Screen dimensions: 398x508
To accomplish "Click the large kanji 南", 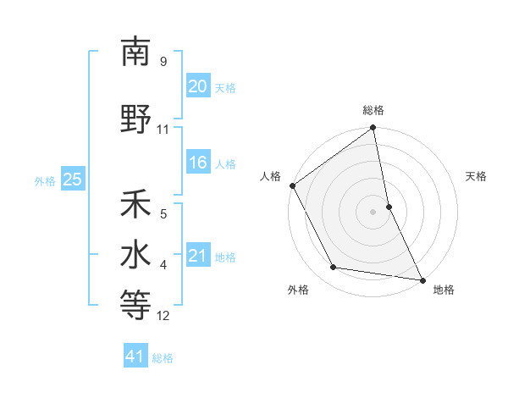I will [x=135, y=53].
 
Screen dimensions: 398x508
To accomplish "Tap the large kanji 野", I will [x=135, y=119].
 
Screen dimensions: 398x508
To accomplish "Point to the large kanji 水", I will [x=135, y=255].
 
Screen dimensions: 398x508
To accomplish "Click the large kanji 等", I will [x=135, y=306].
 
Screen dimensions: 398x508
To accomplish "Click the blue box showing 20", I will [x=198, y=86].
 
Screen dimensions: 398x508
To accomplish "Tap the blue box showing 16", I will [x=198, y=163].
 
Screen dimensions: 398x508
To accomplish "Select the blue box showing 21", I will [x=198, y=256].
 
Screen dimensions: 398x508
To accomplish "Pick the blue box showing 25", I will [x=72, y=180].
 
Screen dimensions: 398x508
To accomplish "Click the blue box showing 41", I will [x=135, y=357].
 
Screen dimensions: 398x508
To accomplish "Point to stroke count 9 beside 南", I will [x=163, y=61].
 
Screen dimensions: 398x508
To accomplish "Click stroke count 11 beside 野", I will [x=163, y=130].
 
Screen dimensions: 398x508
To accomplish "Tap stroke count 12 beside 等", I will [x=163, y=316].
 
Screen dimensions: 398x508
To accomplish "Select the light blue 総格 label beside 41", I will [x=163, y=358].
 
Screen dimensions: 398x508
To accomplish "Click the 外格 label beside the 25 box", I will [x=44, y=180].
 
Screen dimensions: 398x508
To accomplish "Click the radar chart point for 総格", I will [x=373, y=129].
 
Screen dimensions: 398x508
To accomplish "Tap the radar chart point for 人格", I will [x=293, y=185].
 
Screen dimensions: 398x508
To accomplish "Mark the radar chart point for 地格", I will [x=421, y=279].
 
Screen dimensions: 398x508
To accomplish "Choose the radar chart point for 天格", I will [x=389, y=207].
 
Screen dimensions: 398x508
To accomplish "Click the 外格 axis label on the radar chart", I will [x=298, y=290].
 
